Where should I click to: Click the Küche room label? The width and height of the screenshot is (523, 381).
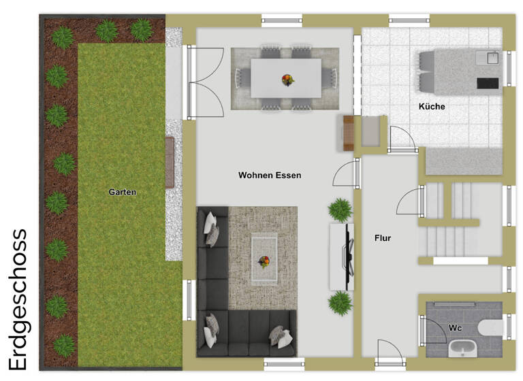432,107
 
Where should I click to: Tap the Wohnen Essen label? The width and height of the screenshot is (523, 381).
269,176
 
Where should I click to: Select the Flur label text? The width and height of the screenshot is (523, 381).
383,238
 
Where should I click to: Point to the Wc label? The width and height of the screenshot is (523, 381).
455,328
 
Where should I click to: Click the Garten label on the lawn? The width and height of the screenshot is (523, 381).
123,193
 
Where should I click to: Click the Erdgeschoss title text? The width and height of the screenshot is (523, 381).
18,299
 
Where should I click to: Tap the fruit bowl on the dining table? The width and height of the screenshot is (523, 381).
287,80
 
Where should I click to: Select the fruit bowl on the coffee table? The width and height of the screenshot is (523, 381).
264,261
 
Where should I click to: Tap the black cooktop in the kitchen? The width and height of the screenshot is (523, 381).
488,83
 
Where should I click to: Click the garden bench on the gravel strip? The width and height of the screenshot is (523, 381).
170,161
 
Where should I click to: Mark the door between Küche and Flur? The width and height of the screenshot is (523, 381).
402,140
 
